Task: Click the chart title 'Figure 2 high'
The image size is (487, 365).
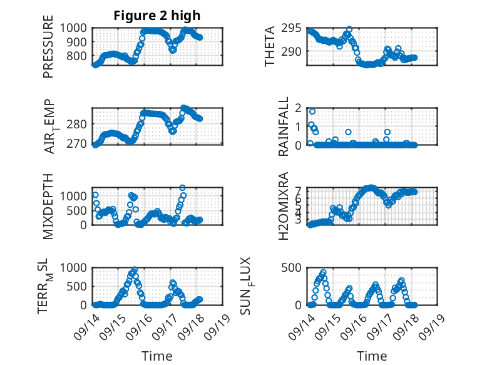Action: (157, 16)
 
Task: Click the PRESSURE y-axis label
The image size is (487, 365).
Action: (48, 49)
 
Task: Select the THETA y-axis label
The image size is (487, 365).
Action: (270, 46)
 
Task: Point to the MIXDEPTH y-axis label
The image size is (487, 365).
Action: (48, 206)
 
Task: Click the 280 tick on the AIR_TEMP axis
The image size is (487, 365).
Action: (79, 124)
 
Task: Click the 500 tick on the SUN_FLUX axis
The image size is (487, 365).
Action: (297, 267)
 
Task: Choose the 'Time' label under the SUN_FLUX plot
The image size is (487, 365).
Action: (371, 356)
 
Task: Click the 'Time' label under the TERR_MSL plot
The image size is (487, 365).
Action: (157, 356)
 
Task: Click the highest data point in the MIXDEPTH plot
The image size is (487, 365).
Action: (182, 187)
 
